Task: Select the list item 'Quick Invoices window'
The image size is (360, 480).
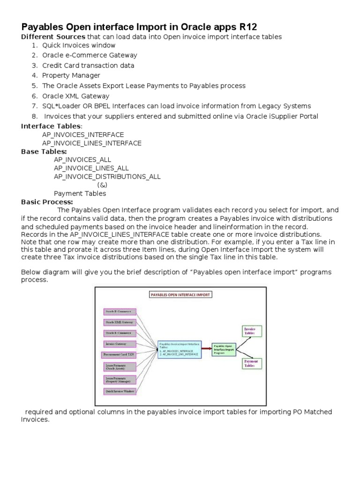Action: click(79, 45)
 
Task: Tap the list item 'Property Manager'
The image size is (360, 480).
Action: click(71, 75)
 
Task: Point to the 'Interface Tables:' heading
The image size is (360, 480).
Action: click(52, 127)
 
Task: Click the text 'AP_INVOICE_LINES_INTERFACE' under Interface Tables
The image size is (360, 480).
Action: click(91, 143)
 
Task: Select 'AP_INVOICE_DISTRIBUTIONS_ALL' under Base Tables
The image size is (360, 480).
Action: click(107, 177)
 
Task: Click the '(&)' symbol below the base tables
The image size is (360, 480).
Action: click(102, 185)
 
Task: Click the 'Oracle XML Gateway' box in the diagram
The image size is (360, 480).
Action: click(119, 322)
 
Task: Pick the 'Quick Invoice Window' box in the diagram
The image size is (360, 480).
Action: click(119, 391)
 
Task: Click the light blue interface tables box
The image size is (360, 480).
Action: click(180, 350)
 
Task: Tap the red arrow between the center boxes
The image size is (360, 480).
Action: click(207, 349)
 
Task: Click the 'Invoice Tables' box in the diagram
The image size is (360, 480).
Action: click(252, 331)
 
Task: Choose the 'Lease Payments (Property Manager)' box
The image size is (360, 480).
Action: click(119, 379)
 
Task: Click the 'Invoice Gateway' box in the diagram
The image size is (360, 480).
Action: click(119, 344)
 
